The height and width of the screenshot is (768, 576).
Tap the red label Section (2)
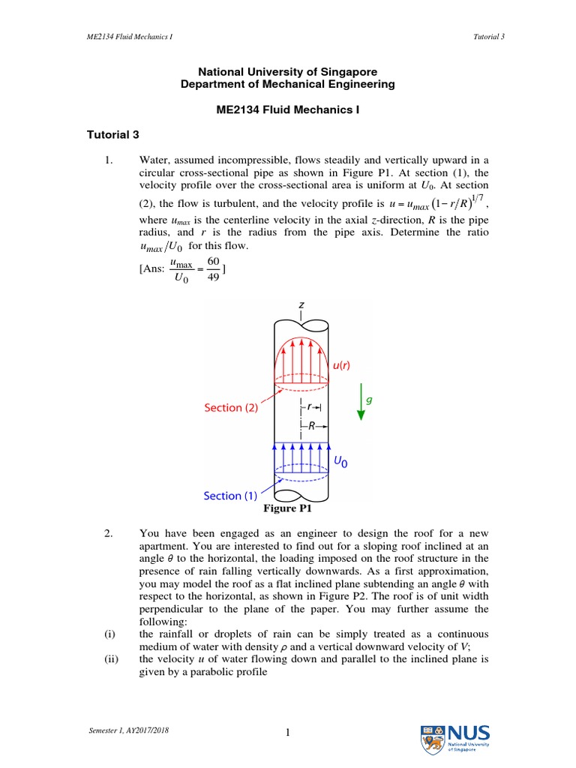coord(233,407)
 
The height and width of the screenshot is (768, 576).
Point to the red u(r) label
coord(341,364)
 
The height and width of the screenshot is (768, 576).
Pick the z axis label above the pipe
coord(301,305)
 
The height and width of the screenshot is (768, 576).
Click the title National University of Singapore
coord(287,72)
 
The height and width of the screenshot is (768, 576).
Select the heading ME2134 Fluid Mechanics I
coord(287,109)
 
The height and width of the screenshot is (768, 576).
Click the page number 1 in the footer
coord(287,735)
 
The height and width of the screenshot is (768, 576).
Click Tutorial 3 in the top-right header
coord(489,37)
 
